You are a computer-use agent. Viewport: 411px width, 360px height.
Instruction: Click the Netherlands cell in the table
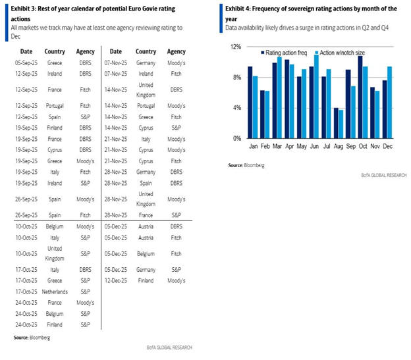tap(55, 290)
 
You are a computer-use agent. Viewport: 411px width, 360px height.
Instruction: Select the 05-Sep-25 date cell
tap(26, 63)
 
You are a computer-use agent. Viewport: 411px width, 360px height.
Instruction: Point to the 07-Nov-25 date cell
tap(115, 63)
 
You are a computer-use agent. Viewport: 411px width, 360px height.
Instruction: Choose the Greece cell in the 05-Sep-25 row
tap(55, 63)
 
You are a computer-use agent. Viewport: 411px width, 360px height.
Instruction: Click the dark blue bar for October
tap(360, 97)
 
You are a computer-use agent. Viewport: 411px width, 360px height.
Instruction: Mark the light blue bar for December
tap(389, 102)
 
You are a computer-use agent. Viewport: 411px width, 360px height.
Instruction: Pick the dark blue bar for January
tap(250, 102)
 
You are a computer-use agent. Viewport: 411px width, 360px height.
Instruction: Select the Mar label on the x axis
tap(277, 147)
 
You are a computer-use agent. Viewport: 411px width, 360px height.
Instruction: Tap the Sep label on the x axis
tap(350, 147)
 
